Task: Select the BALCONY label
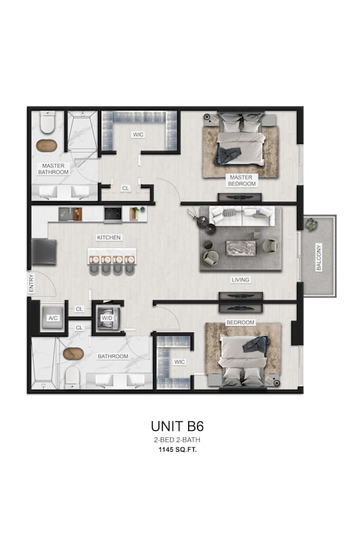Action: pos(319,257)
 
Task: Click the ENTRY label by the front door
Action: pos(32,284)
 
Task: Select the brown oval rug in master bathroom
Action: pos(47,146)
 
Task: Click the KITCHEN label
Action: pos(109,237)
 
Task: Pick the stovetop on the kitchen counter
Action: pos(112,214)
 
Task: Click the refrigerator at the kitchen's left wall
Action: pos(44,251)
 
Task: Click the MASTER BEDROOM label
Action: pos(241,181)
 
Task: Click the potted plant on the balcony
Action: pos(311,224)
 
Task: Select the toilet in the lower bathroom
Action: pos(72,376)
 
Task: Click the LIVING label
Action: pos(241,280)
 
